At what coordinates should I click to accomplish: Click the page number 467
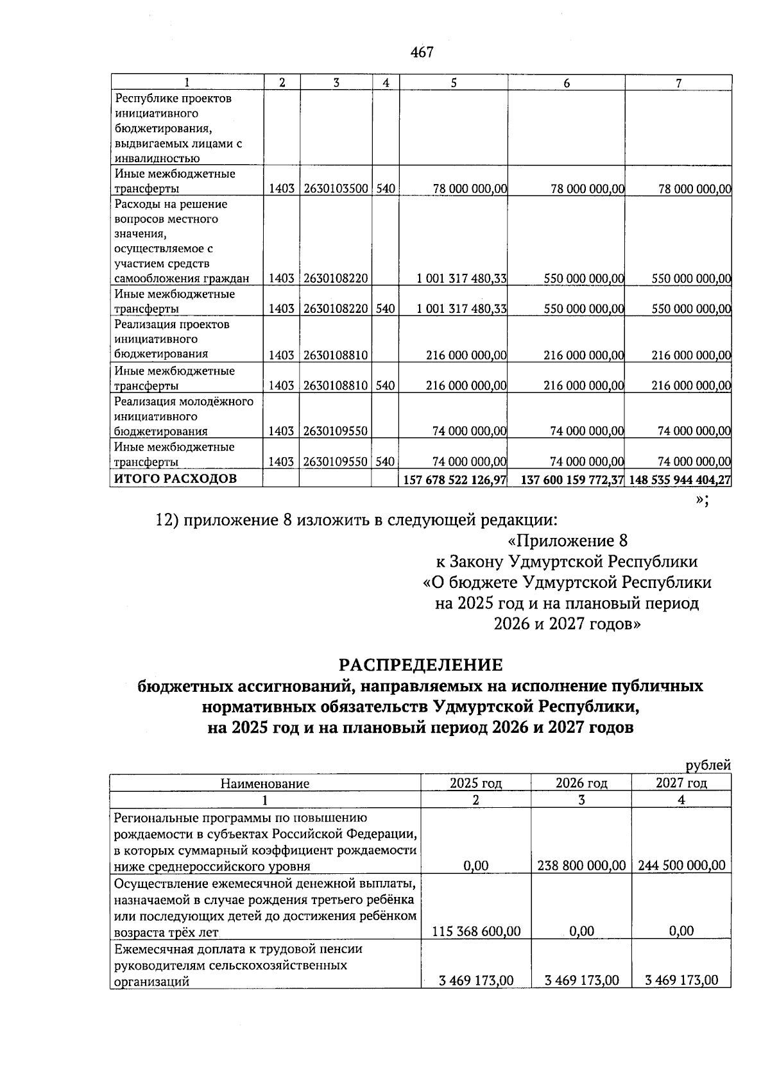coord(422,53)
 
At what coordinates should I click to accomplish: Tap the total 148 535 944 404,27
coord(680,480)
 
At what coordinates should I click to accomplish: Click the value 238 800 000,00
coord(581,865)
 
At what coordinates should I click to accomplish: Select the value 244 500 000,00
coord(681,865)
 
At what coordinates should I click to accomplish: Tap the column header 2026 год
coord(581,783)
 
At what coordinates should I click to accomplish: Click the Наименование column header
coord(264,784)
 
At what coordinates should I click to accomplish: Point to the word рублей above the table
coord(708,765)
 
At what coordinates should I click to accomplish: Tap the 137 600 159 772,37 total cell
coord(572,480)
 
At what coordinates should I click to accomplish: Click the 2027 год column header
coord(681,783)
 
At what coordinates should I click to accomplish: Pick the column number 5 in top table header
coord(454,83)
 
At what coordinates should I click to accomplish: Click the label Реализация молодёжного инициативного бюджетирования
coord(184,417)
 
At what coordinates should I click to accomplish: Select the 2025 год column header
coord(475,783)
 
